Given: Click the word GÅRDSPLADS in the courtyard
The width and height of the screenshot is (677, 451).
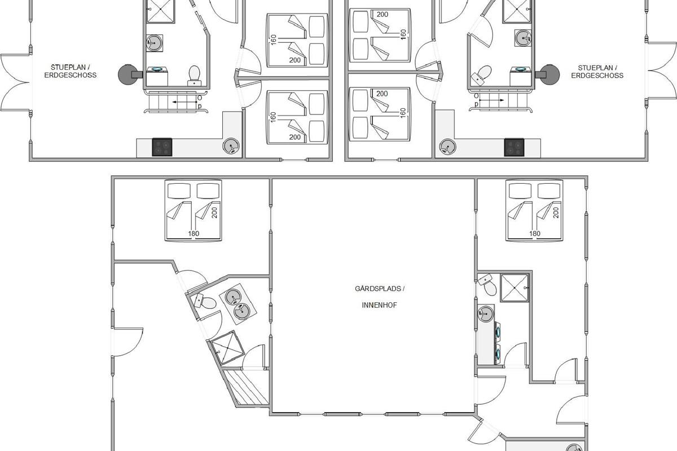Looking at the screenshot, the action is click(377, 289).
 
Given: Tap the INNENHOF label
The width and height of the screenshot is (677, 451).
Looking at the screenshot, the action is click(379, 305).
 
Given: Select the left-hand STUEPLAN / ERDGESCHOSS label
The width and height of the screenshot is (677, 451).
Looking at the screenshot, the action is click(71, 71).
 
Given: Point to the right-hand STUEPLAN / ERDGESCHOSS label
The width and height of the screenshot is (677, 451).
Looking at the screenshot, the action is click(597, 72).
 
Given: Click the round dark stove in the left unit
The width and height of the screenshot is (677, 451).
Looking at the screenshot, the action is click(128, 74).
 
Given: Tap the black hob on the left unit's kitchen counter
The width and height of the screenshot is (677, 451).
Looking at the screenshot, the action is click(162, 147).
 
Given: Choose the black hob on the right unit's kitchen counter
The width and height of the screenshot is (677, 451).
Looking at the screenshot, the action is click(514, 147).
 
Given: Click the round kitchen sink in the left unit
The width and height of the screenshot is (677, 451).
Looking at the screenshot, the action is click(231, 146).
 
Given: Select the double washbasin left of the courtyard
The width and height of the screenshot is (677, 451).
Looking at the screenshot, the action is click(238, 304).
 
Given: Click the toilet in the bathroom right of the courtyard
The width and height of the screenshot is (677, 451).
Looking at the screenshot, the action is click(487, 285).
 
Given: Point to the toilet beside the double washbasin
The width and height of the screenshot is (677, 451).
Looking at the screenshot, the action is click(205, 302).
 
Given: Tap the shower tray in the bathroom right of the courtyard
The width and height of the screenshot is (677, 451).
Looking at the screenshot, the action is click(515, 288).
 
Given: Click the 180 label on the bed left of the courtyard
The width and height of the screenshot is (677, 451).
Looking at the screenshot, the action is click(194, 233).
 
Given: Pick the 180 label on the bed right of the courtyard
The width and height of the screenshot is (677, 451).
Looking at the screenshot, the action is click(535, 233).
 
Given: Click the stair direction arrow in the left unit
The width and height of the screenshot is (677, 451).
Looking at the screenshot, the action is click(184, 102).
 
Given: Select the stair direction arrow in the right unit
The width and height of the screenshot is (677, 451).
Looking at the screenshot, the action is click(492, 100).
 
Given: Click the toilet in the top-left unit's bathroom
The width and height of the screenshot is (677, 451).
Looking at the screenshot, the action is click(194, 76).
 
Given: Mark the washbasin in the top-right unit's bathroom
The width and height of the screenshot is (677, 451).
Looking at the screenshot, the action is click(523, 38).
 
